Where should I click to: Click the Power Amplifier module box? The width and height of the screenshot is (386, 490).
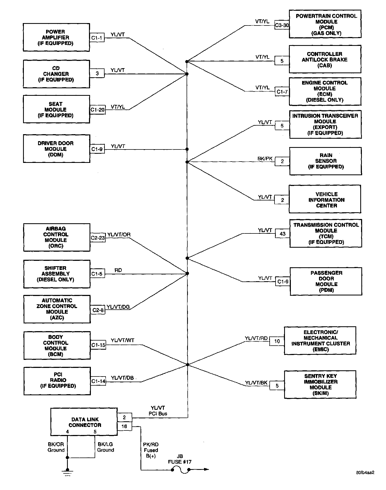[x=56, y=37]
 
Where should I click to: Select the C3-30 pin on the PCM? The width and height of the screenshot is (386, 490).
[x=282, y=25]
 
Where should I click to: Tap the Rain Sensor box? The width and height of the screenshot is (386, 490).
[x=325, y=161]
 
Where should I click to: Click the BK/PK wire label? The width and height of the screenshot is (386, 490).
[x=265, y=159]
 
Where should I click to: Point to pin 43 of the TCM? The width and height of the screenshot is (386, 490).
[x=283, y=234]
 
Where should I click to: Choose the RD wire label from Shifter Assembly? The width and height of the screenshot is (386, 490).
[x=118, y=270]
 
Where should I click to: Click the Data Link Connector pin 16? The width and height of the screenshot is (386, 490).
[x=124, y=426]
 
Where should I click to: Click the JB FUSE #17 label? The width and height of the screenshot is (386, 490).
[x=180, y=459]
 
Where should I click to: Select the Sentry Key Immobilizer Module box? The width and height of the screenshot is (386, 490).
[x=320, y=385]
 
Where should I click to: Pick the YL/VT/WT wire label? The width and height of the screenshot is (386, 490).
[x=123, y=340]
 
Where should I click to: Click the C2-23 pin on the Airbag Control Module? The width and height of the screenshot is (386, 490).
[x=98, y=238]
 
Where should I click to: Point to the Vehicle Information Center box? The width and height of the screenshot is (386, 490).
[x=325, y=199]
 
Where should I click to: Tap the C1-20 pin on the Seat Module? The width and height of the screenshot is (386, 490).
[x=98, y=110]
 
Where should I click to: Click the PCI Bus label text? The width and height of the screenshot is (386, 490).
[x=158, y=414]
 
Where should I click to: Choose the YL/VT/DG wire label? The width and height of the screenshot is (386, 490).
[x=118, y=307]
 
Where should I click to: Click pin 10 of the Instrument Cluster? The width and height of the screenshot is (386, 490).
[x=277, y=341]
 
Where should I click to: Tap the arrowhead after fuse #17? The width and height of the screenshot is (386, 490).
[x=206, y=469]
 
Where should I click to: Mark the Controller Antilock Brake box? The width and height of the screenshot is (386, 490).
[x=325, y=59]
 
